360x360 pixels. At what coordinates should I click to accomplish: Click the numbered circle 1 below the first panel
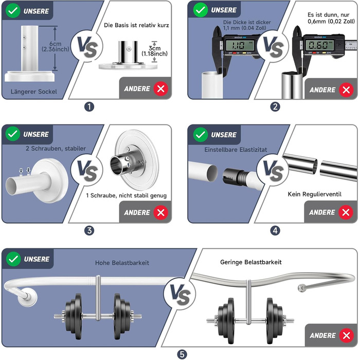coord(89,107)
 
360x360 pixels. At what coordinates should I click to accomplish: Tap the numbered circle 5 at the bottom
coord(182,354)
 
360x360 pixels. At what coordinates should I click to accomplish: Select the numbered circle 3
coord(89,230)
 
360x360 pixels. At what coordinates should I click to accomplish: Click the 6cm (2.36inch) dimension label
coord(56,46)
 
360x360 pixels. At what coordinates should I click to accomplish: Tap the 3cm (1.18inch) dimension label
coord(154,51)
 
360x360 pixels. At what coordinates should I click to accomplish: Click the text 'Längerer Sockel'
coord(34,92)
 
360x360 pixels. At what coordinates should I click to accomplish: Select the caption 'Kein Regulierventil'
coord(315,194)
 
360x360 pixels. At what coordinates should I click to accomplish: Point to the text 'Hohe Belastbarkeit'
coord(122,263)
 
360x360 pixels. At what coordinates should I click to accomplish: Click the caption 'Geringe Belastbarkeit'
coord(251,262)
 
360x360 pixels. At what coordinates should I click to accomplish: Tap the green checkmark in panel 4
coord(201,135)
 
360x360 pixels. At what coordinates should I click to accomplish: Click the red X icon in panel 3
coord(160,212)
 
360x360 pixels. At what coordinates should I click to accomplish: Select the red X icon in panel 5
coord(347,336)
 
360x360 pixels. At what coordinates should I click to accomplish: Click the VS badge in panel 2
coord(273,46)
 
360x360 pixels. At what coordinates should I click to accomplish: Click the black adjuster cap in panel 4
coord(231,176)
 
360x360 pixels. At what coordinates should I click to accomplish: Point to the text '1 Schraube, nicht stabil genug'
coord(127,195)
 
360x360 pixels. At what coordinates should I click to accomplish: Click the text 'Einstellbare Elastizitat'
coord(236,150)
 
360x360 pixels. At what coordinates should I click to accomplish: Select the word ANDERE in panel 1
coord(137,88)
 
